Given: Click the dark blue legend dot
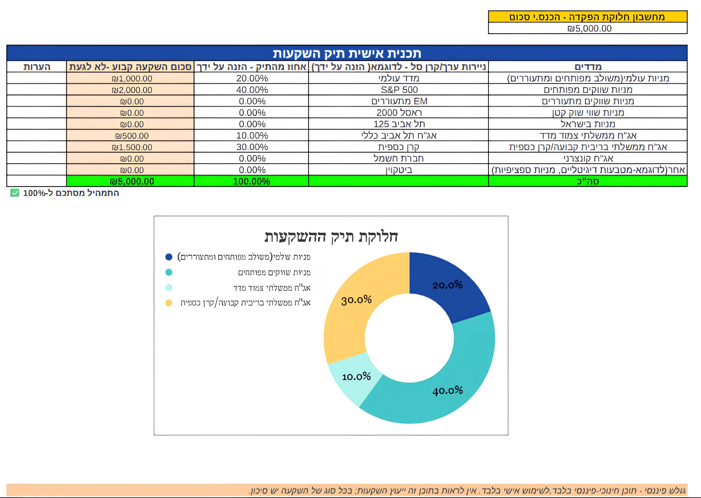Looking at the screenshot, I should [x=169, y=257].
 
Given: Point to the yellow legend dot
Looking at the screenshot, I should [x=169, y=303].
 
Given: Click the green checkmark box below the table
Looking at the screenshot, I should [x=15, y=193].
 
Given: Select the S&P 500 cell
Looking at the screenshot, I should [x=399, y=90].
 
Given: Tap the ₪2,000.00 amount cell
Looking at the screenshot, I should [x=132, y=90].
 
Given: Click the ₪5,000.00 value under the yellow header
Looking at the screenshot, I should [x=589, y=28].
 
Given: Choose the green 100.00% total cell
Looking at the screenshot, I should [x=252, y=181].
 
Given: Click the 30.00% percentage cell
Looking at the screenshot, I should [x=252, y=147].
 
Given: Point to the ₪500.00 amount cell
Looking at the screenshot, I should [x=132, y=136].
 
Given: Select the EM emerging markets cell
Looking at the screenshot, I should [x=399, y=101].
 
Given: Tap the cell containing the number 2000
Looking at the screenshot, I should [x=399, y=113].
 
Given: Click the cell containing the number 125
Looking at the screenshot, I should [x=399, y=124].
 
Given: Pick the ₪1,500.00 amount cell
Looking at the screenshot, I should [x=132, y=147].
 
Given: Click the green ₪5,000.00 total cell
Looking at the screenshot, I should [x=132, y=181].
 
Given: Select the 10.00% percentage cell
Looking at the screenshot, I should [x=252, y=136].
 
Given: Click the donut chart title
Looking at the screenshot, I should [x=331, y=237].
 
